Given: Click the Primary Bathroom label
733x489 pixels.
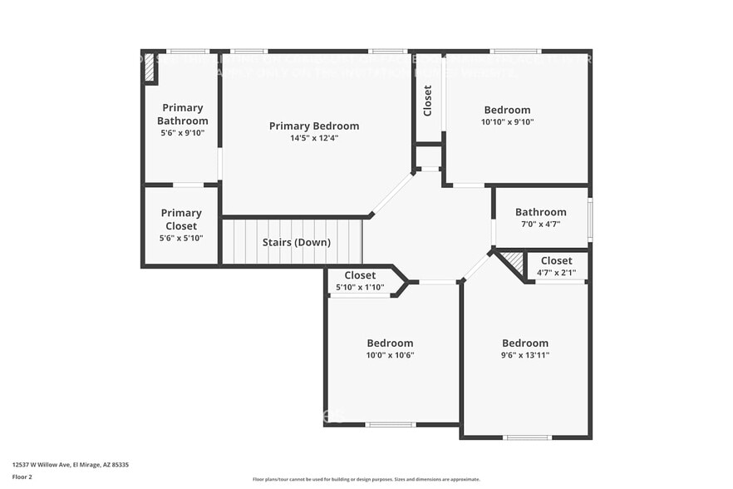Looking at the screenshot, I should point(182,114).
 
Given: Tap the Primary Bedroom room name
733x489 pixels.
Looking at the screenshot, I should point(314,126).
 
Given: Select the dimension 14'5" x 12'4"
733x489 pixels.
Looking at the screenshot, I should point(314,138).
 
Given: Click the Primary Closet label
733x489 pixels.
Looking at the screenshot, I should point(181,220).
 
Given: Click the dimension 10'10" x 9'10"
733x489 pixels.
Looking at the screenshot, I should point(507,121).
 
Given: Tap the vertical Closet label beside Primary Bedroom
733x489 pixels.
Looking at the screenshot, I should point(428,100).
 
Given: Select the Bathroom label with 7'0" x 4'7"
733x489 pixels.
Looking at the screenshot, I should point(540,212).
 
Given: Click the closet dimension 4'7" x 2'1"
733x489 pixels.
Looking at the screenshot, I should point(556,272).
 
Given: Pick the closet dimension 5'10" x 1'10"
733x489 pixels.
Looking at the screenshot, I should point(360,287).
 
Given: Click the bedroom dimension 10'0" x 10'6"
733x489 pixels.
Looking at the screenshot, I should point(390,355).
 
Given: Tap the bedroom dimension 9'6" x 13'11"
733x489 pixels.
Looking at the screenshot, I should point(524,355).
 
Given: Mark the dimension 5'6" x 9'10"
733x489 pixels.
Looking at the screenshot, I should point(182,132).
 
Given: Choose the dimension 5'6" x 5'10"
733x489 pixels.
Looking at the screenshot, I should point(181,238).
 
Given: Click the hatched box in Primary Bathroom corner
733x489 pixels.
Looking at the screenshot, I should point(150,68).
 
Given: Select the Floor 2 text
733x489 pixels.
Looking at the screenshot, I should point(22,477).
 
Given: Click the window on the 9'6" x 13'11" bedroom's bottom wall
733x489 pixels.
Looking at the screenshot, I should point(527,437).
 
